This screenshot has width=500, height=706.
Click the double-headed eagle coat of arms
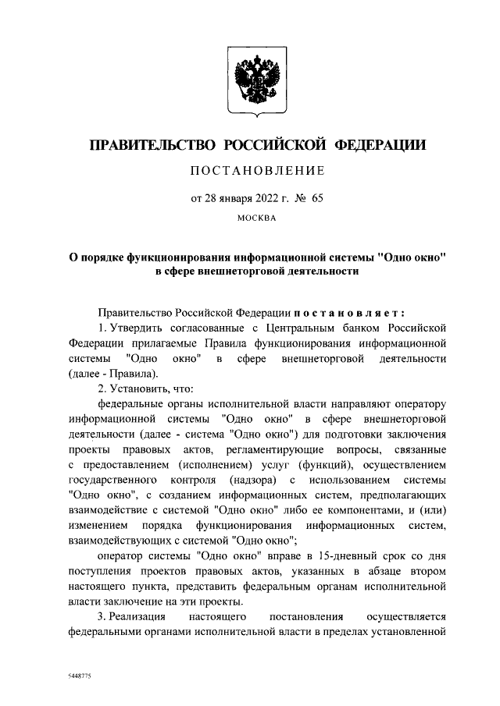click(249, 81)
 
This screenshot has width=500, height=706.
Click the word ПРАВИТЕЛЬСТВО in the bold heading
click(151, 146)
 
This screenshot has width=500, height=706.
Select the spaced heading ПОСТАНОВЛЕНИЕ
click(250, 171)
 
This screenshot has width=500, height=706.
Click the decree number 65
click(316, 198)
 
